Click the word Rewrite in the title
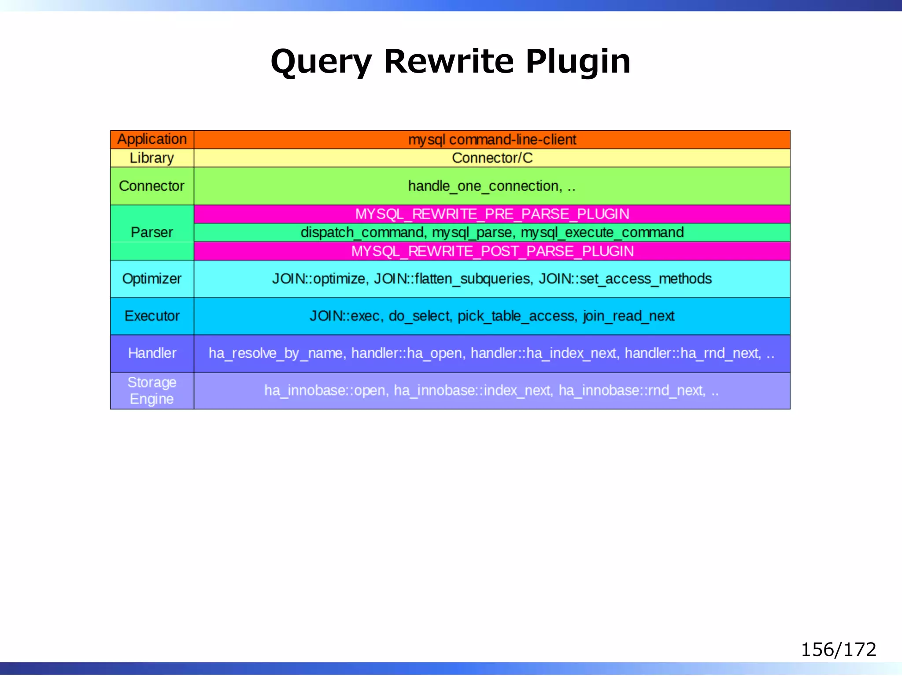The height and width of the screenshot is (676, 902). [448, 61]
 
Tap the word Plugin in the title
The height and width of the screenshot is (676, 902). [578, 61]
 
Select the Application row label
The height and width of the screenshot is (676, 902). [152, 140]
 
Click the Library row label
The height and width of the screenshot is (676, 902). [152, 158]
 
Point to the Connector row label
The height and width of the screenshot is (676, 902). [152, 186]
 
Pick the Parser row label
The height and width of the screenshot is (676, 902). [152, 232]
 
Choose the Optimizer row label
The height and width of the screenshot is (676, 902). [152, 279]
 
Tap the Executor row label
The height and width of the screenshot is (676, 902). [152, 316]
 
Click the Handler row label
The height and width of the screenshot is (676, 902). [152, 353]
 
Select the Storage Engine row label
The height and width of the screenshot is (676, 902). [152, 391]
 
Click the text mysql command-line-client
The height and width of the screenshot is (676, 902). [492, 140]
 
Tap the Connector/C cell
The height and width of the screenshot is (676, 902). [492, 158]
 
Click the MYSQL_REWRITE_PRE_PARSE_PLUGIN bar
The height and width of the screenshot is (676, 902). [492, 214]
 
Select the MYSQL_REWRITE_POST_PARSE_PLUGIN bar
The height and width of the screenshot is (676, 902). [492, 251]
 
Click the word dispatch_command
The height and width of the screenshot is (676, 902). [362, 232]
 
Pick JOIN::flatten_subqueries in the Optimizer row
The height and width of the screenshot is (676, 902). [453, 279]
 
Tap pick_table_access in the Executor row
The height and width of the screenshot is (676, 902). [516, 316]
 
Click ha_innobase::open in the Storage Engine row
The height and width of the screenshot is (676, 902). [325, 391]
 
